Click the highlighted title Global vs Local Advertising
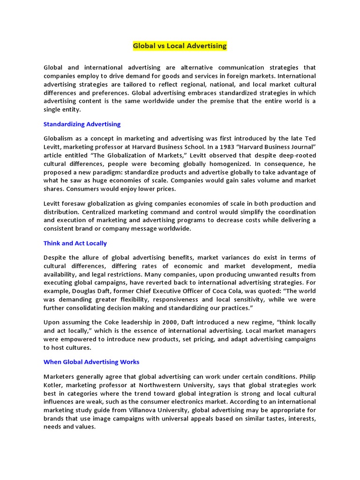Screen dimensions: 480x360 tap(180, 46)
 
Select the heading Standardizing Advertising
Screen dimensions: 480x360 tap(82, 124)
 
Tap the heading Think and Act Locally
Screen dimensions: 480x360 tap(75, 243)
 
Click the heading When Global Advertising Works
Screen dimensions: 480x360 tap(91, 362)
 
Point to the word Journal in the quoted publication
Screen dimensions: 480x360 tap(298, 147)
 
